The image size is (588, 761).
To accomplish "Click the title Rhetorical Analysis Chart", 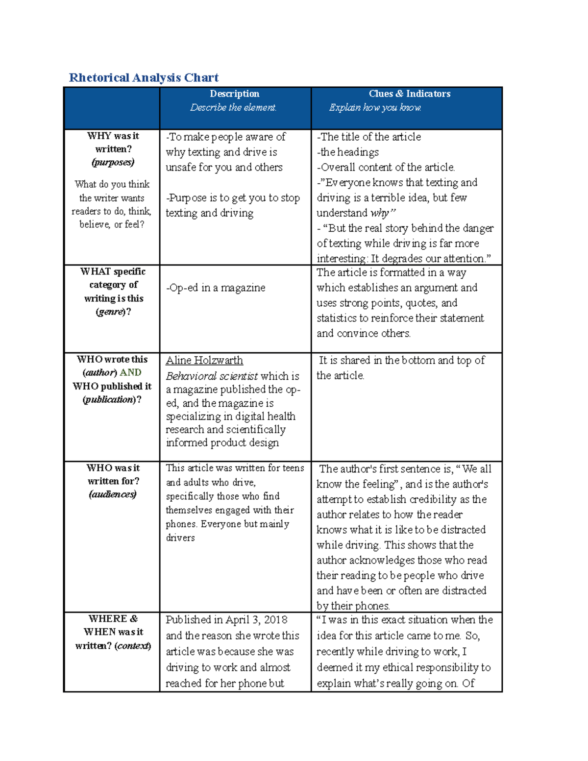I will click(144, 77).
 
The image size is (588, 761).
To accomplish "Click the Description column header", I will click(234, 94).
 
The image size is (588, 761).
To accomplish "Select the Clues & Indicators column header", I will click(409, 94).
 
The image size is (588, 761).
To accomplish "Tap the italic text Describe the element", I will click(233, 107).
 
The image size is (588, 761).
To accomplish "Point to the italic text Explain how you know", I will click(375, 107).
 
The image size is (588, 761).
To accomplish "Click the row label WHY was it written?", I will click(113, 142).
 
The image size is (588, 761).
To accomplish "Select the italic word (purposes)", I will click(113, 162).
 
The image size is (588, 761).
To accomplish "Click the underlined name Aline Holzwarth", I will click(204, 360).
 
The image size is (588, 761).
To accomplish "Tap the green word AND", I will click(130, 372).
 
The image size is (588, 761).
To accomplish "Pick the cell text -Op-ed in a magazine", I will click(216, 288).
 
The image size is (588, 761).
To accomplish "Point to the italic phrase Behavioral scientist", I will click(212, 376).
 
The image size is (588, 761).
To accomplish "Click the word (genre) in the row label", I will click(111, 312).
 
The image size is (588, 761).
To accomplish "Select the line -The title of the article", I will click(369, 137).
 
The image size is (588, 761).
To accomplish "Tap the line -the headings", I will click(347, 152).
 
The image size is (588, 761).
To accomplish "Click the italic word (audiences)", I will click(113, 494).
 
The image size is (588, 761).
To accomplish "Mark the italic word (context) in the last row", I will click(133, 646).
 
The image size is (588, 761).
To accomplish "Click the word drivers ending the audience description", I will click(180, 538).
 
